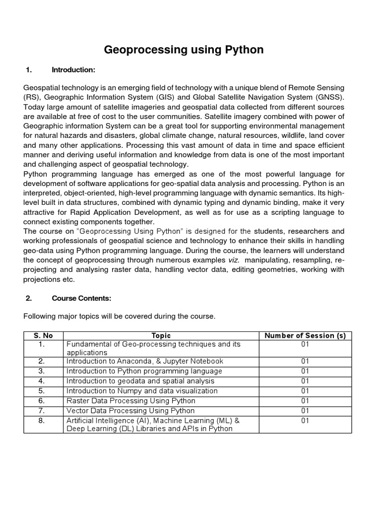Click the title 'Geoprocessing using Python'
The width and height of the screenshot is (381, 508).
coord(184,50)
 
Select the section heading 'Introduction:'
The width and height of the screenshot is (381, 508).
coord(73,70)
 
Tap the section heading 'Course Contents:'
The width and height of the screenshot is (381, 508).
coord(81,298)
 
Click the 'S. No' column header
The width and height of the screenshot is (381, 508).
coord(43,335)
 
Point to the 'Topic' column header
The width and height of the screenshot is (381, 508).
coord(161,335)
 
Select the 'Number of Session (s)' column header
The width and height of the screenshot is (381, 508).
coord(305,335)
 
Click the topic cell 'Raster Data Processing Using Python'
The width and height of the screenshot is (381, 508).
coord(131,401)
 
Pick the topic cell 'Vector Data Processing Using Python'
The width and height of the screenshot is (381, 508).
coord(130,411)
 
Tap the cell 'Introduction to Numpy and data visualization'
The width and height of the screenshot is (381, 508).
coord(142,391)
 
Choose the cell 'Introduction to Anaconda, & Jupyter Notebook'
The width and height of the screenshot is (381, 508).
coord(145,361)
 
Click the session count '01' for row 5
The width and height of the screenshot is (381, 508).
coord(305,391)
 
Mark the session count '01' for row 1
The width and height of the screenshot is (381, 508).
coord(305,344)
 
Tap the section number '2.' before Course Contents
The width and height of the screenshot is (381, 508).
coord(29,298)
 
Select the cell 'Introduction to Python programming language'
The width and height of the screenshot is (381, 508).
coord(144,371)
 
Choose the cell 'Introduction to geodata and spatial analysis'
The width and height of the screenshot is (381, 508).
coord(140,381)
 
